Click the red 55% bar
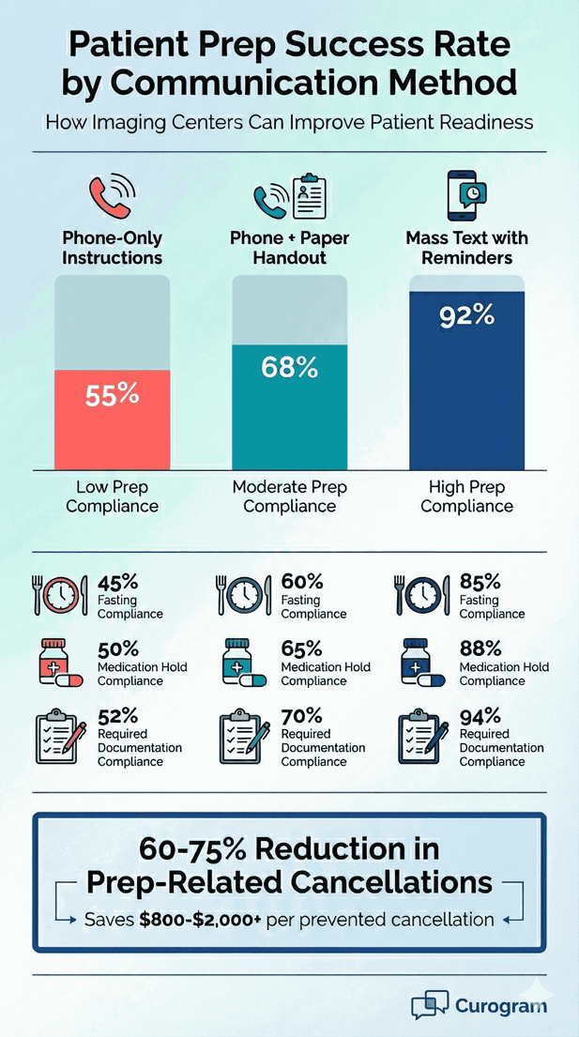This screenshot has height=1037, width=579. point(112,419)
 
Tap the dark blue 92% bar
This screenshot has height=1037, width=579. point(466,380)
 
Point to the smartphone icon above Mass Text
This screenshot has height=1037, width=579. point(466,193)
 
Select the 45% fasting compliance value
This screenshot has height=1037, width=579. point(118,582)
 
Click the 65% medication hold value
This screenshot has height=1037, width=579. point(301,649)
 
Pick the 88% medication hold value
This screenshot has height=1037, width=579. point(480,649)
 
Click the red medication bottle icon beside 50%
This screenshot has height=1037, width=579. point(54,661)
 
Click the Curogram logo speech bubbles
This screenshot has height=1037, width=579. point(430,1004)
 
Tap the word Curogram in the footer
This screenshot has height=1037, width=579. point(501,1005)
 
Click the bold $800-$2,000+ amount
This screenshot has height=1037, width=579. point(200,920)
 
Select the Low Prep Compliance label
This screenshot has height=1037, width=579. point(112,496)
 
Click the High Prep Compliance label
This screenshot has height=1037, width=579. point(466,496)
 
